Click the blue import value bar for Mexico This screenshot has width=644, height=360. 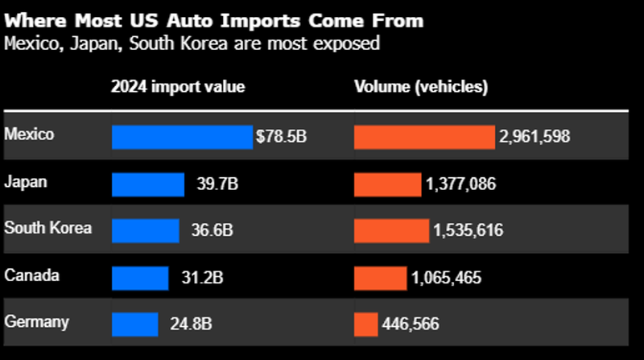tap(182, 137)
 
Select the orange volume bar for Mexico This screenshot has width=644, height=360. tap(424, 137)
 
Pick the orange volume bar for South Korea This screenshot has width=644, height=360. tap(391, 230)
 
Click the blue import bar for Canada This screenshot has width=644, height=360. tap(140, 278)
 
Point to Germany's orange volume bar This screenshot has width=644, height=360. tap(365, 324)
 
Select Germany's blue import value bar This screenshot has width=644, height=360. tap(135, 324)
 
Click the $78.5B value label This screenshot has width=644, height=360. tap(281, 137)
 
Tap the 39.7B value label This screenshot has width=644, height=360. tap(217, 184)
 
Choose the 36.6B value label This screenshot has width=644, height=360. tap(212, 230)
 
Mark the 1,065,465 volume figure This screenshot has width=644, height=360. tap(447, 278)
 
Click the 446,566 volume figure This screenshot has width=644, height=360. tap(411, 324)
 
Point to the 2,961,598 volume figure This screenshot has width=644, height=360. tap(535, 137)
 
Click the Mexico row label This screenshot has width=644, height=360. tap(29, 134)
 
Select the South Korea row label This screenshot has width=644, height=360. tap(47, 228)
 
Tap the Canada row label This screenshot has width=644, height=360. tap(31, 275)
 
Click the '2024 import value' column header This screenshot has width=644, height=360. tap(178, 87)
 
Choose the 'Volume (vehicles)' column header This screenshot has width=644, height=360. tap(421, 87)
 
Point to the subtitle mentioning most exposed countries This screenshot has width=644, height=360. tap(192, 43)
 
